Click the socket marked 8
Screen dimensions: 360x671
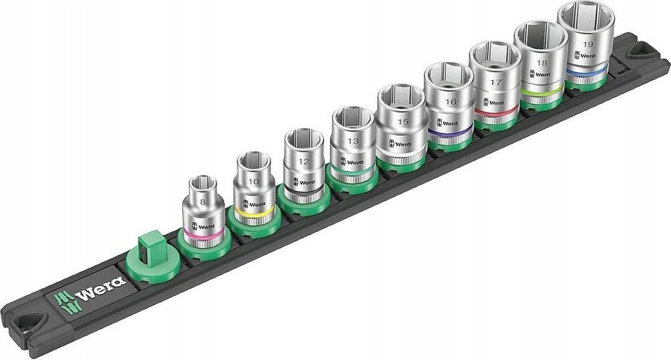pos(202,209)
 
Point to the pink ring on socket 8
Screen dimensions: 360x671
pos(203,234)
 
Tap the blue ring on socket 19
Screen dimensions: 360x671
pos(585,70)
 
